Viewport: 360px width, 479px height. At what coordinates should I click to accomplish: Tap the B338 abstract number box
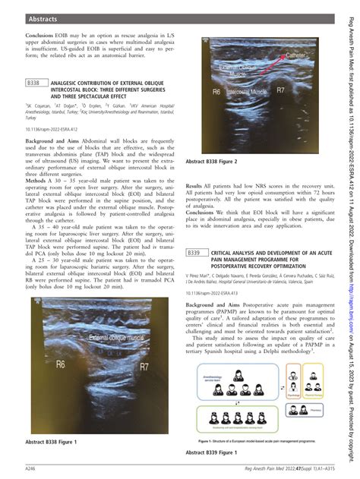pos(36,82)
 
